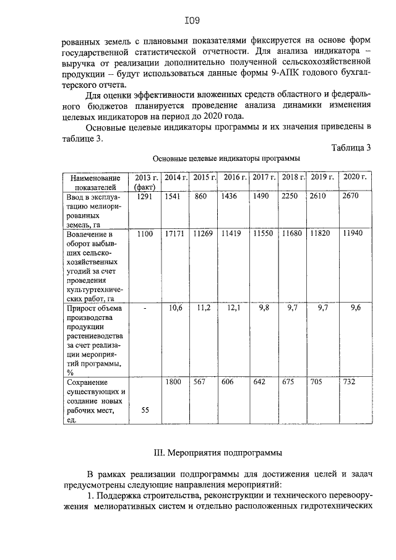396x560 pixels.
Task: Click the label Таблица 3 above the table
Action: tap(351, 148)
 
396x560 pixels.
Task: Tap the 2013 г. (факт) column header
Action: tap(144, 182)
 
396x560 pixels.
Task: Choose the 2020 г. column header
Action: tap(355, 178)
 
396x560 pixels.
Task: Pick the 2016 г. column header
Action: tap(235, 178)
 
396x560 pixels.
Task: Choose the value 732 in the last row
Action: tap(350, 382)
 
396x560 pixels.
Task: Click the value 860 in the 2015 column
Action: tap(201, 196)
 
